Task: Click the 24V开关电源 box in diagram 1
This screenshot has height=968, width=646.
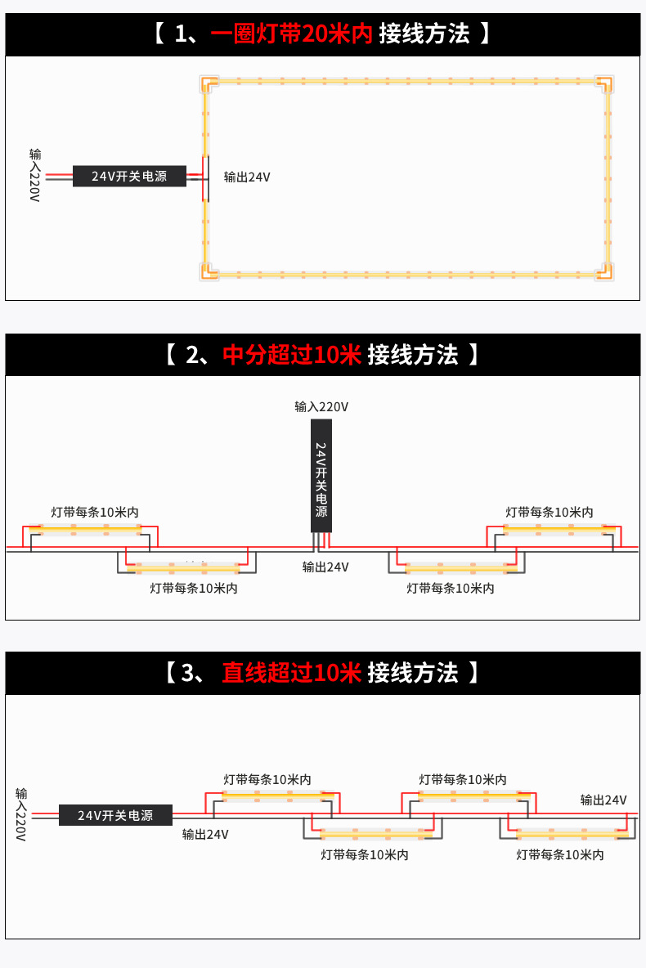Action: pos(129,176)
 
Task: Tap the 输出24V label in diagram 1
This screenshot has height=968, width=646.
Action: pos(247,177)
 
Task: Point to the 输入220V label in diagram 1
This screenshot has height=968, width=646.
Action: pos(34,176)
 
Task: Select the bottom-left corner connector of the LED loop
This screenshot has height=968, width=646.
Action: pos(209,271)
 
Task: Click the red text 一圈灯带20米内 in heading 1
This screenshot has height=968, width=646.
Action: pos(291,34)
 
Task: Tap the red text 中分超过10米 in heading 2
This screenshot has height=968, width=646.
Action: pos(292,355)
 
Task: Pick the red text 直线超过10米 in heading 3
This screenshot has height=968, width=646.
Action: pos(291,673)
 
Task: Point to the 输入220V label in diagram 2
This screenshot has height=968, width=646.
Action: pos(321,406)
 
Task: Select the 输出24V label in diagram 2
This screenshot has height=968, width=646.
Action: pos(325,567)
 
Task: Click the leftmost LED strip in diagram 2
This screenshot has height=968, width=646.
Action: pos(85,530)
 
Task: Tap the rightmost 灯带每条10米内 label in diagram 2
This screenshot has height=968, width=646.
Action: pos(550,512)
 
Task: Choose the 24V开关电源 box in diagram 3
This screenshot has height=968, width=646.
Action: pos(115,815)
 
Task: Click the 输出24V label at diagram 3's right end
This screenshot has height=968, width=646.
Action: pos(603,800)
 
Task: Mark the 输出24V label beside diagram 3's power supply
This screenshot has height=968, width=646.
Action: pos(205,835)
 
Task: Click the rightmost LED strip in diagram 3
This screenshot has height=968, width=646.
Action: pos(567,834)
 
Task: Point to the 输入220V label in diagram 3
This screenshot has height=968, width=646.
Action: pos(21,814)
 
